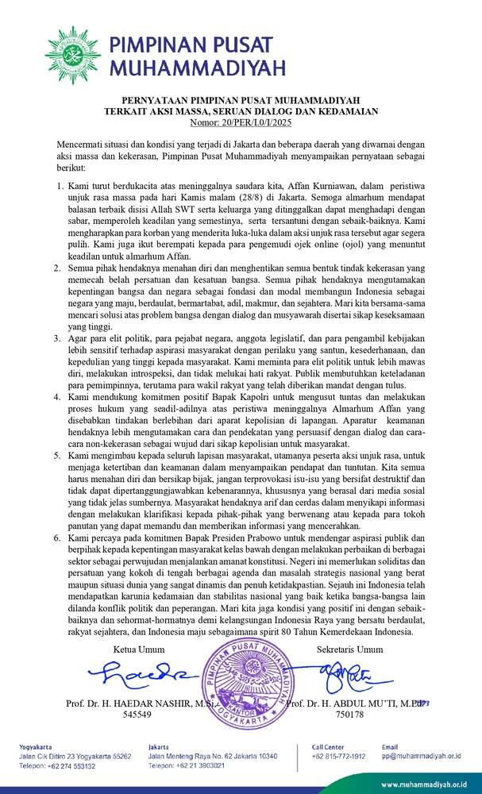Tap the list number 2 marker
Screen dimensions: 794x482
coord(59,269)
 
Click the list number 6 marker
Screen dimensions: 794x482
coord(59,538)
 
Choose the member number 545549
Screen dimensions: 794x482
coord(137,714)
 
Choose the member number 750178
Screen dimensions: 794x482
coord(349,714)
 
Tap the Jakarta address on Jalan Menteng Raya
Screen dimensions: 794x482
coord(212,757)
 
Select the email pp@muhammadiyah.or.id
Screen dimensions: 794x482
coord(419,757)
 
